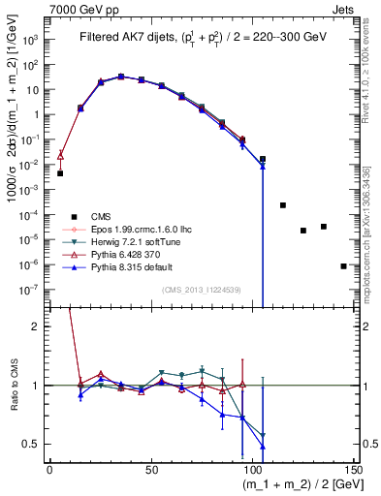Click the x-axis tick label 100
pos(252,470)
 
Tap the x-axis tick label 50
pos(150,470)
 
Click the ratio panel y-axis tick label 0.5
pos(32,444)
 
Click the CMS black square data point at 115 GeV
pos(283,205)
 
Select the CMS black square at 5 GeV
pos(60,173)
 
